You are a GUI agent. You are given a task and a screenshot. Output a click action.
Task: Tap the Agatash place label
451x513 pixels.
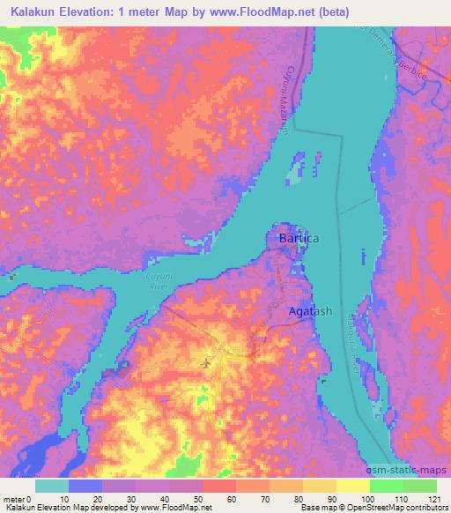(x=311, y=312)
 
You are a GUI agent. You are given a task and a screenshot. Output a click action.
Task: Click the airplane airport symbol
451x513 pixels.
(x=206, y=361)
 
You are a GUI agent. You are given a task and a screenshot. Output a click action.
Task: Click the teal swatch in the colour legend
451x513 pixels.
(x=52, y=486)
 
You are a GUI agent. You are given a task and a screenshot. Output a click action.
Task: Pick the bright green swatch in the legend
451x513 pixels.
(x=387, y=486)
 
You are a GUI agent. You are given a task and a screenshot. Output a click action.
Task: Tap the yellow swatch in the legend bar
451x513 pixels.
(x=320, y=486)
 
